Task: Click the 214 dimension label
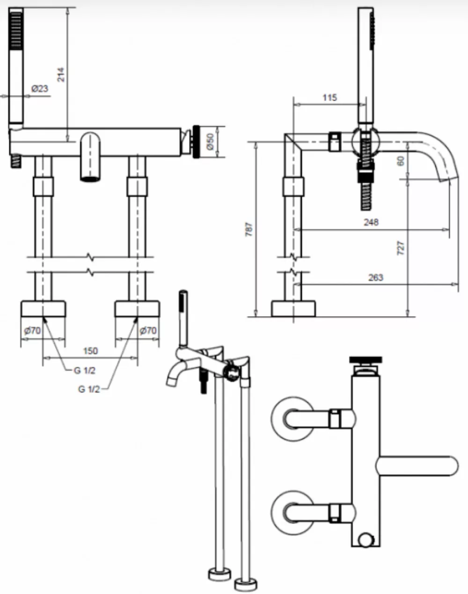pos(61,74)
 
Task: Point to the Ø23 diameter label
pos(40,88)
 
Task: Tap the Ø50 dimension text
pos(210,142)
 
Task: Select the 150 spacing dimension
pos(91,351)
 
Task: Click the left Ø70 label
pos(33,330)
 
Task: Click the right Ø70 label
pos(148,330)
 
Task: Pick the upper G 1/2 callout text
pos(85,370)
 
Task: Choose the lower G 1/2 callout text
pos(89,389)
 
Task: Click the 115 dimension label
pos(330,97)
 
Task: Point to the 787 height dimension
pos(249,229)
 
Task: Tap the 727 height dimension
pos(401,248)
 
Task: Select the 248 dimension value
pos(371,222)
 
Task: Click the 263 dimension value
pos(376,277)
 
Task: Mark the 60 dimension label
pos(401,161)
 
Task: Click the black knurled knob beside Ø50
pos(196,142)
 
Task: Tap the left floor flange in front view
pos(43,309)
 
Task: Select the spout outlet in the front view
pos(90,179)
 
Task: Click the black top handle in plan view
pos(366,360)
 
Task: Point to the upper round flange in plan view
pos(293,419)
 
